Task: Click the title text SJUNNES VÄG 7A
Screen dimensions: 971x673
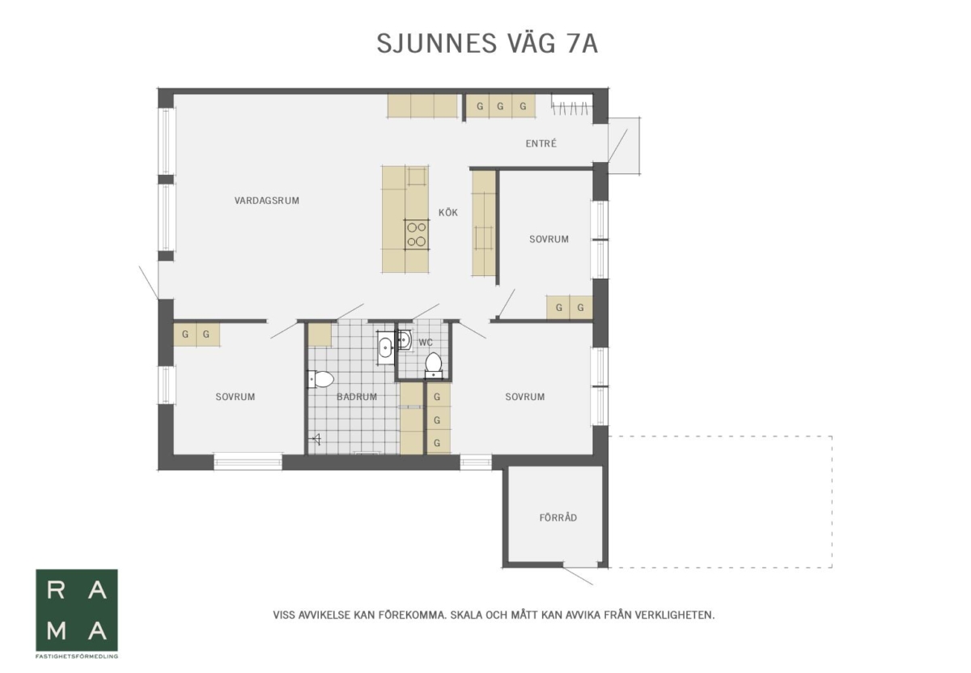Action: click(x=487, y=44)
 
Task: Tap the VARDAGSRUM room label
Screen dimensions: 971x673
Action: click(x=266, y=201)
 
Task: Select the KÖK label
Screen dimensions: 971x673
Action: click(x=447, y=212)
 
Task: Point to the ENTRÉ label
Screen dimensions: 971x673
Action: click(x=541, y=143)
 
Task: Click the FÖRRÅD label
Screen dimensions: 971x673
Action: click(x=558, y=518)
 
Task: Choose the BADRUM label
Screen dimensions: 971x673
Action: click(x=357, y=397)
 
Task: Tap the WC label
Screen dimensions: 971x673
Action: click(x=426, y=343)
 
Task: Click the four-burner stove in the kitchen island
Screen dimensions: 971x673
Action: click(x=417, y=234)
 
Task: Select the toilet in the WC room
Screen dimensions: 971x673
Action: click(x=434, y=365)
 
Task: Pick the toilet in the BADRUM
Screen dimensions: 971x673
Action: click(x=320, y=379)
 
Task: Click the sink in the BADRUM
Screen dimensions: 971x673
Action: click(x=385, y=347)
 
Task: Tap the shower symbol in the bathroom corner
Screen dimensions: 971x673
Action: click(x=316, y=439)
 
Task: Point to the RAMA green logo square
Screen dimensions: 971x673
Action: click(x=77, y=610)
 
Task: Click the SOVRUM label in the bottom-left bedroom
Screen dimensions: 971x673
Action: click(x=235, y=397)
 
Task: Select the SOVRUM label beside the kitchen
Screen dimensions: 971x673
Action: click(x=549, y=239)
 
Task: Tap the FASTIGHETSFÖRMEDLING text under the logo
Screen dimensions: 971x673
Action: click(x=77, y=657)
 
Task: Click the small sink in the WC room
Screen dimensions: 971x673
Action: click(x=404, y=340)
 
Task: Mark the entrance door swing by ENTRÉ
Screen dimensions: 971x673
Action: click(x=617, y=145)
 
